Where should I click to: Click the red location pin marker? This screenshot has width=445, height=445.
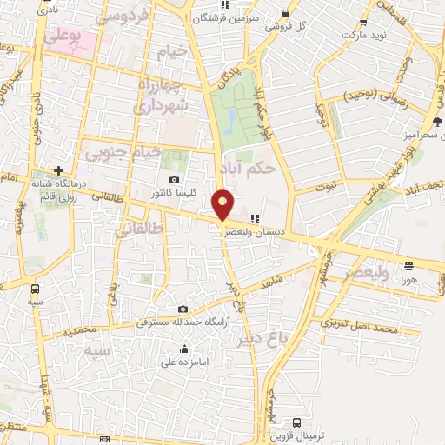click(x=223, y=203)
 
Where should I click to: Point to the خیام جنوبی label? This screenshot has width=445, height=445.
click(x=123, y=152)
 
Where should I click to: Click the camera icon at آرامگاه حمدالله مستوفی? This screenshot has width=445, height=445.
click(x=183, y=309)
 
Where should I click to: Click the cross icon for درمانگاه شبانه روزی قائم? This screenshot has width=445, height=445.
click(x=58, y=170)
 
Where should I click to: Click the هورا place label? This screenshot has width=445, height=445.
click(x=408, y=281)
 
